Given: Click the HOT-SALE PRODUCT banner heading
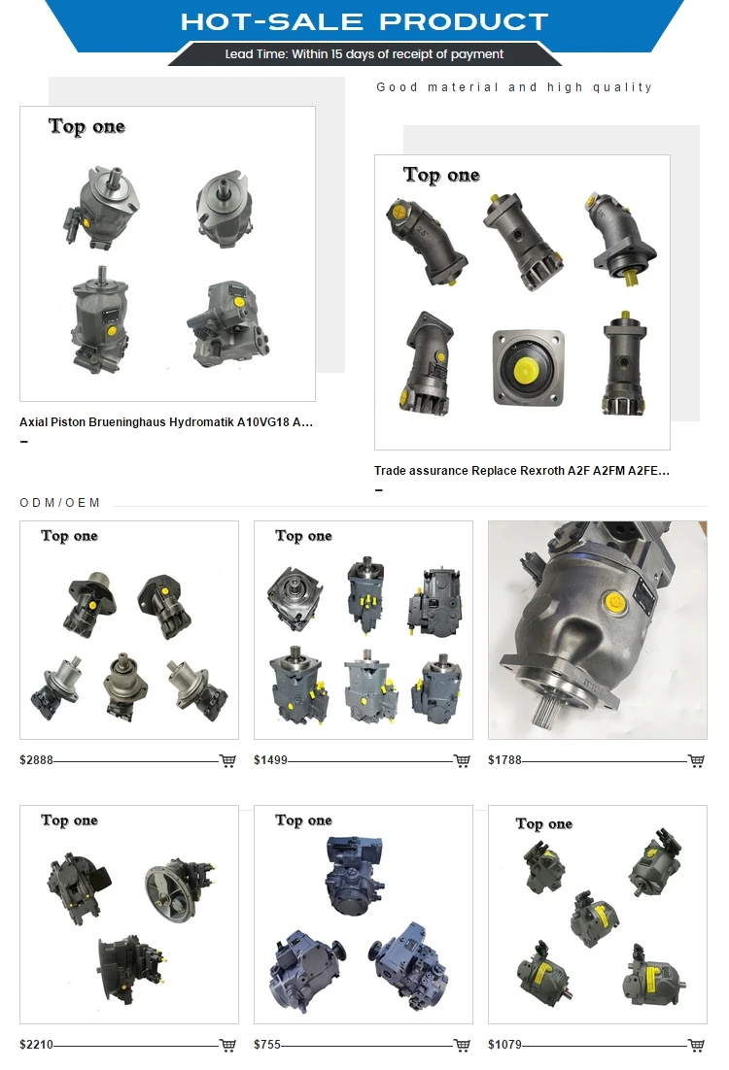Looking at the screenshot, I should (364, 21).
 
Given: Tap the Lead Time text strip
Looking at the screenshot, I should (364, 54).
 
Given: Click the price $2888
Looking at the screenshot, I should (36, 760).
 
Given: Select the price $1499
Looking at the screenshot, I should (270, 760).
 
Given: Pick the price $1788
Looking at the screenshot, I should (504, 760).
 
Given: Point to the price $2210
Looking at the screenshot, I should (36, 1045).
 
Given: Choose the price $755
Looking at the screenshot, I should (267, 1045).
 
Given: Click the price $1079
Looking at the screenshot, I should (504, 1045).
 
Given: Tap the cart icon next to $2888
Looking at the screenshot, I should (227, 760).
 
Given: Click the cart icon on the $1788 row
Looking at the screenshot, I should (696, 760).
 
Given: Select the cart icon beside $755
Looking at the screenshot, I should (462, 1045).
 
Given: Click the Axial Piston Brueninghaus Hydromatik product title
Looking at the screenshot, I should (166, 422).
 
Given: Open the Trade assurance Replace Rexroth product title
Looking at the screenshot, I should (522, 471).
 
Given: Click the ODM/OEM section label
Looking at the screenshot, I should (60, 503).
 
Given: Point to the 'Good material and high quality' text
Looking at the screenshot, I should (514, 87).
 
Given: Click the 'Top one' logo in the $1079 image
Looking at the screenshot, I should (543, 823).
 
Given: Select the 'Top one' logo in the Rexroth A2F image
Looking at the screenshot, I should (441, 175).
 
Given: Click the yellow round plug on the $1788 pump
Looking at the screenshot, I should (615, 603).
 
